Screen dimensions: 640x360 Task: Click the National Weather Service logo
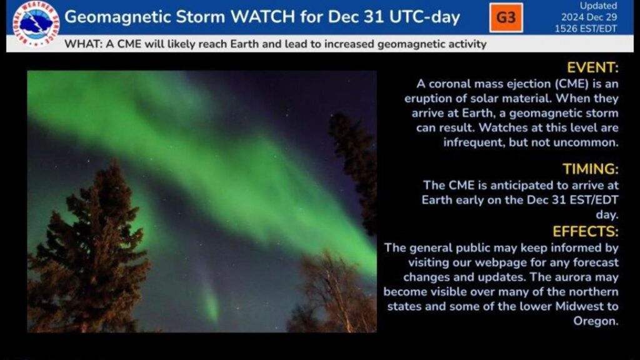point(36,24)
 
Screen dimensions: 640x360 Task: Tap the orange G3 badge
point(506,17)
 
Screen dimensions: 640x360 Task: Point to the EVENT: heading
point(592,67)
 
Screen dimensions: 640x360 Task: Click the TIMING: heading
point(591,169)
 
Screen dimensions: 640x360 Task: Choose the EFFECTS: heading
point(585,231)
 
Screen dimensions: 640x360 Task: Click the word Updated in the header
point(598,6)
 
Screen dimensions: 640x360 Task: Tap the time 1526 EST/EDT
point(586,29)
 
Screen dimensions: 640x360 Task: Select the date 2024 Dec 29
point(589,17)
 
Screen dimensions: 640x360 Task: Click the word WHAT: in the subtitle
point(83,44)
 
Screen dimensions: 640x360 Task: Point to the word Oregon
point(596,321)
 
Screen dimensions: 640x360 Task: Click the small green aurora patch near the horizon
point(211,303)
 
